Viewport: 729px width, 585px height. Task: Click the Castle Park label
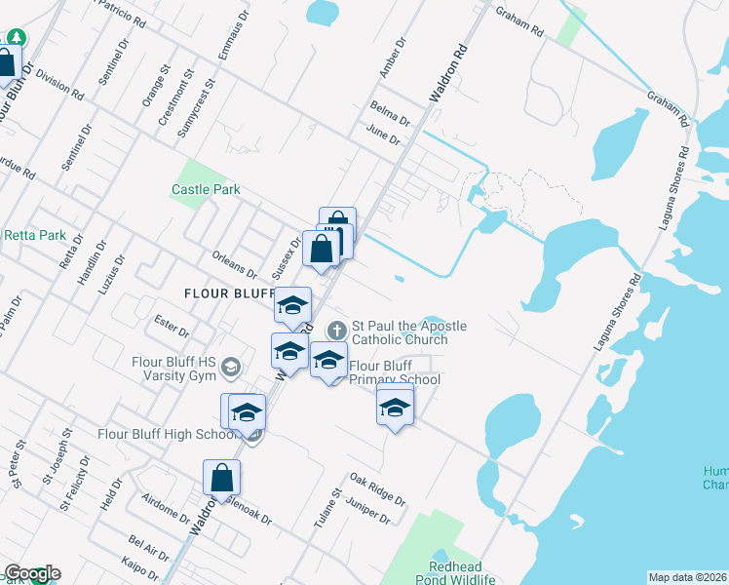[206, 190]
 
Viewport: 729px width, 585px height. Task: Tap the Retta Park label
[34, 235]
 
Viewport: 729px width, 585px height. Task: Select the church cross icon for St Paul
[337, 330]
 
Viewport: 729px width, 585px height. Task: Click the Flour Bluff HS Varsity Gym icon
[230, 368]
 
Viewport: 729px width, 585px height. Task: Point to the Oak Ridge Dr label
[377, 489]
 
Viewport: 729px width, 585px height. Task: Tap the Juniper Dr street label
[367, 511]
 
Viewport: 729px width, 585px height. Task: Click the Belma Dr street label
[391, 112]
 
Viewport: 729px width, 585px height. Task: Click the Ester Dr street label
[172, 325]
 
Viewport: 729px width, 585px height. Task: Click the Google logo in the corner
[31, 573]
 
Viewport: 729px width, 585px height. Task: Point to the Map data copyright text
[687, 577]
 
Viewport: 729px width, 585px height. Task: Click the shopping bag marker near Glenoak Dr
[221, 478]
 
